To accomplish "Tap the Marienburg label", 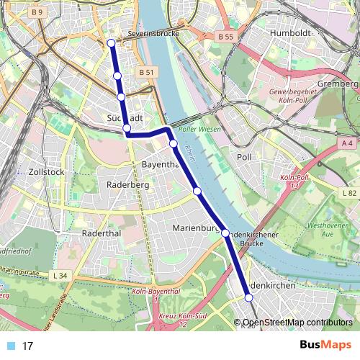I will (x=196, y=228).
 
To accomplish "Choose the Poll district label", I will (x=245, y=156).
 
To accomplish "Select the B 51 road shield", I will (x=147, y=72).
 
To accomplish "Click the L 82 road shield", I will (x=350, y=194).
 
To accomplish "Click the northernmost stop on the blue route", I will (x=112, y=43).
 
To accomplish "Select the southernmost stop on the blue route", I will (x=249, y=297).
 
